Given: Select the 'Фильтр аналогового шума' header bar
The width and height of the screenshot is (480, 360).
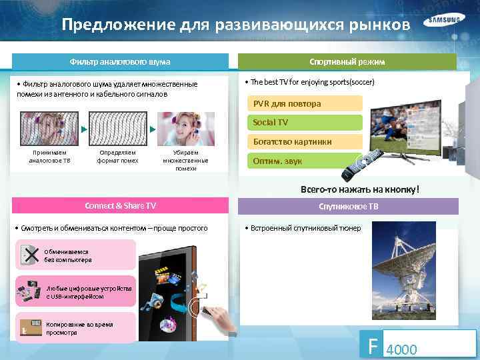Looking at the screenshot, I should (x=120, y=61).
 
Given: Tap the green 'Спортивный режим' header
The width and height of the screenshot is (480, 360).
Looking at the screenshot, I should (x=347, y=61).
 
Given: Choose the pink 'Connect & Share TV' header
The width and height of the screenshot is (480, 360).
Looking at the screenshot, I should (x=120, y=206).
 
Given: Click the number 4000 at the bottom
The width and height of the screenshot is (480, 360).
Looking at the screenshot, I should (x=402, y=349).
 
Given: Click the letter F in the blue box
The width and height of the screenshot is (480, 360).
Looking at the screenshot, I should (x=371, y=345).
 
